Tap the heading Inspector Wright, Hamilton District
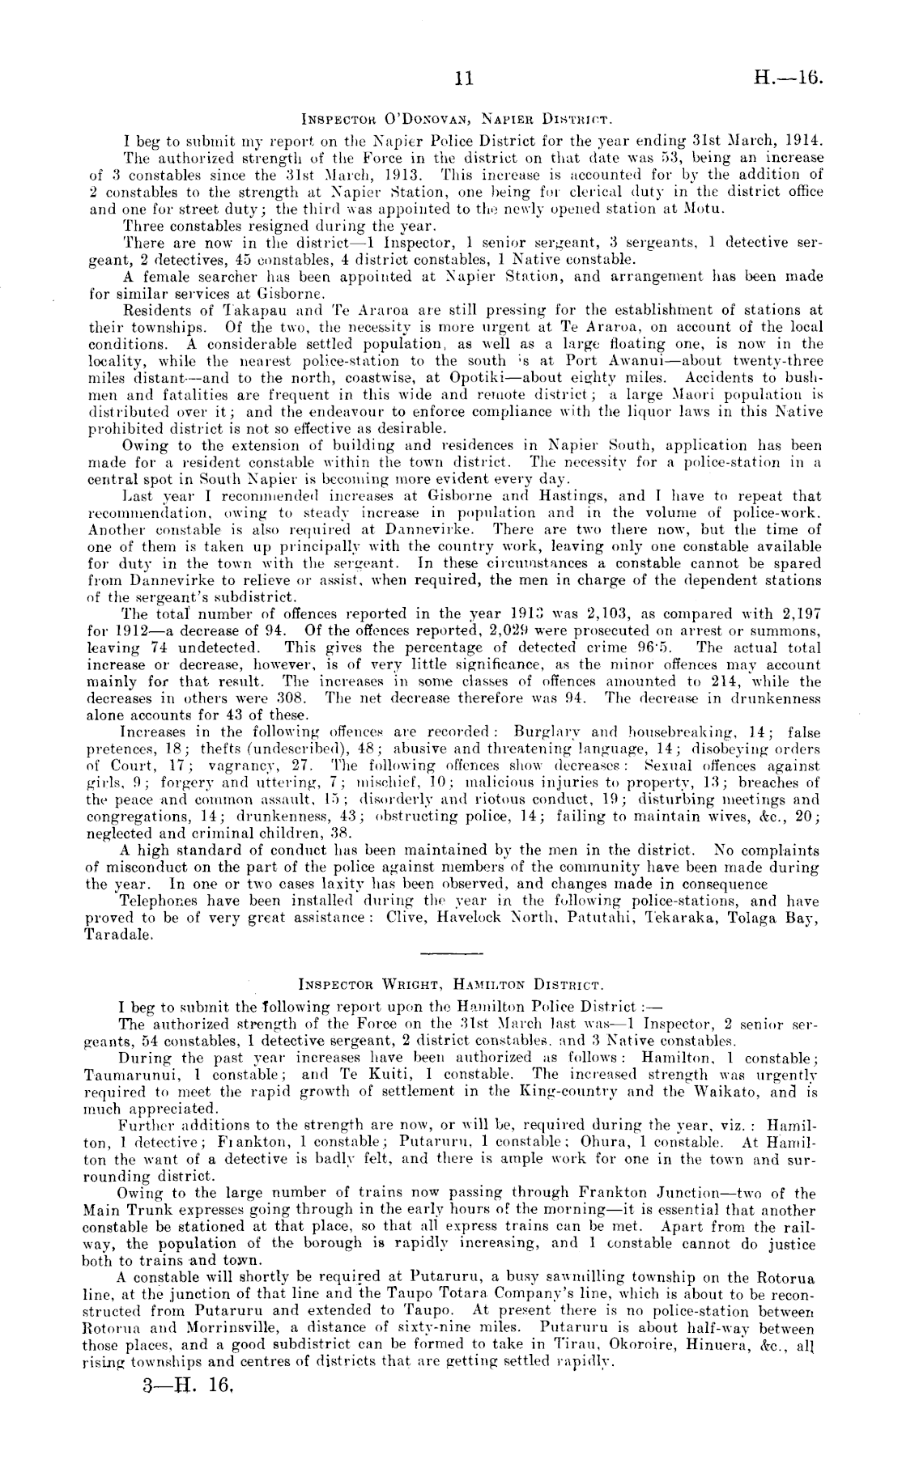tap(449, 987)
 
